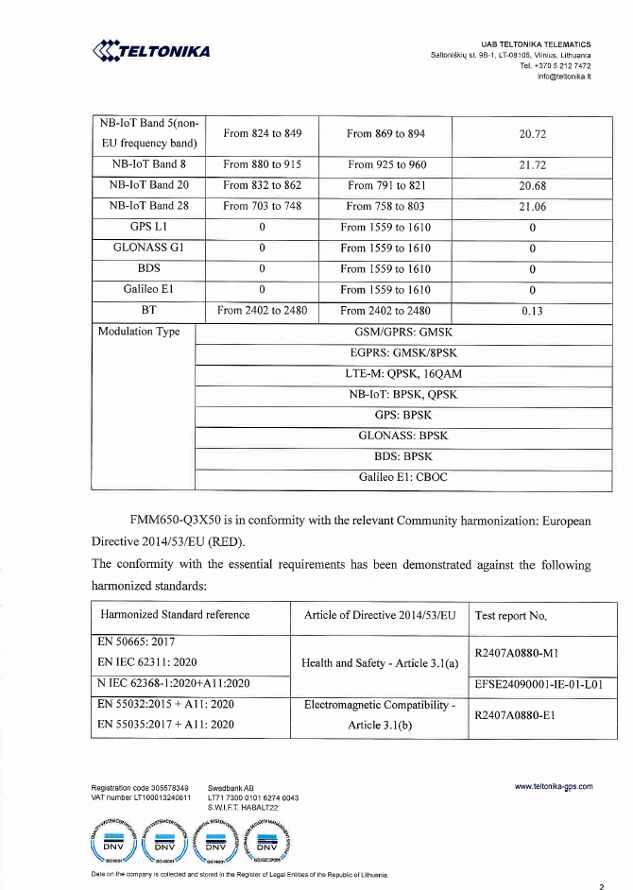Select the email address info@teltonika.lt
click(564, 77)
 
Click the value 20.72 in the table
click(533, 134)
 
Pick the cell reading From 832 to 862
click(261, 185)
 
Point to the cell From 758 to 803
click(385, 206)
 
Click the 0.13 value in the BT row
click(533, 310)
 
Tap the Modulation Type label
click(139, 332)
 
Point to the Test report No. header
click(511, 616)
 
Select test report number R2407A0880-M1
click(519, 652)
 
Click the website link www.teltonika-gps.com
click(554, 786)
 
